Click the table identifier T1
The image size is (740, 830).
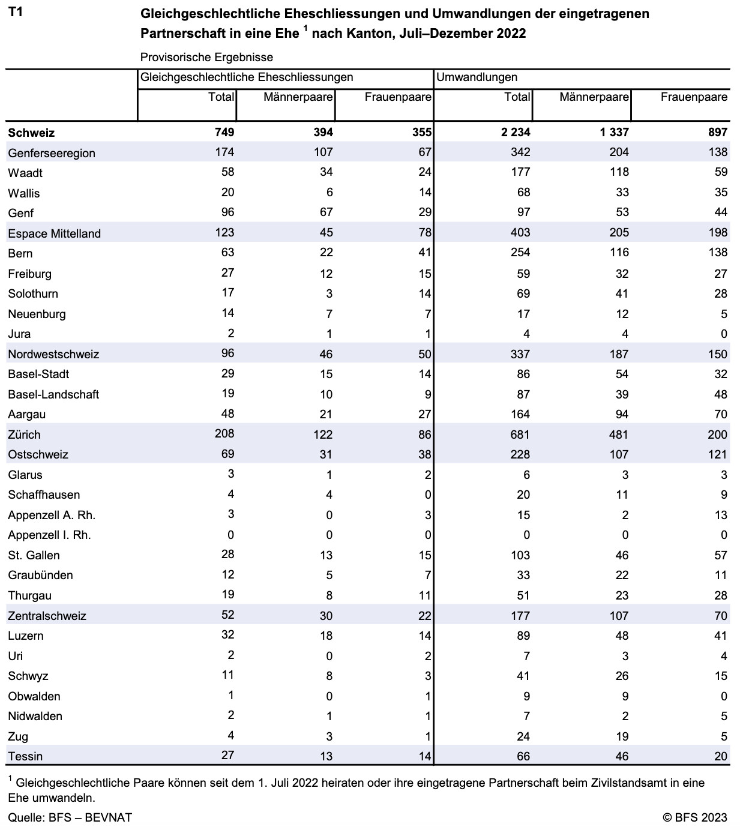pyautogui.click(x=15, y=12)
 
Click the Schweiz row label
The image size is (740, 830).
pyautogui.click(x=31, y=133)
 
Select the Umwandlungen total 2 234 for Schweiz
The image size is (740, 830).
pyautogui.click(x=516, y=132)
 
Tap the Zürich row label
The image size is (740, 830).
pyautogui.click(x=24, y=435)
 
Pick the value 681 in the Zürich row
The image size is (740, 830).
pyautogui.click(x=520, y=435)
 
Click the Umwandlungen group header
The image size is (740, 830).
pyautogui.click(x=477, y=77)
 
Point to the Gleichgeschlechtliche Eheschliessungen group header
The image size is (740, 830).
pyautogui.click(x=247, y=77)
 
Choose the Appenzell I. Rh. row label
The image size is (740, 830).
pyautogui.click(x=50, y=535)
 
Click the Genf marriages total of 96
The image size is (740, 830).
pyautogui.click(x=228, y=212)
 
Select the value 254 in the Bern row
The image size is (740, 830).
pyautogui.click(x=520, y=252)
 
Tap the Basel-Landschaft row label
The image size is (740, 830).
pyautogui.click(x=53, y=394)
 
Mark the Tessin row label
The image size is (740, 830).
pyautogui.click(x=25, y=756)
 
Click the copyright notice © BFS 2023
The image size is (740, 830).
pyautogui.click(x=695, y=818)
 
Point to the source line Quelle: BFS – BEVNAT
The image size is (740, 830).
pyautogui.click(x=70, y=818)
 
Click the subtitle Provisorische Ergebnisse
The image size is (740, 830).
pyautogui.click(x=206, y=57)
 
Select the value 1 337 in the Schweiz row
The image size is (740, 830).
pyautogui.click(x=614, y=132)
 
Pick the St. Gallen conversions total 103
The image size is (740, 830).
pyautogui.click(x=520, y=555)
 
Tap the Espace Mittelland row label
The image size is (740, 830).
pyautogui.click(x=55, y=233)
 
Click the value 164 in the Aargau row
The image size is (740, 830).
pyautogui.click(x=520, y=414)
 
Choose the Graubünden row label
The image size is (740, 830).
pyautogui.click(x=41, y=575)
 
